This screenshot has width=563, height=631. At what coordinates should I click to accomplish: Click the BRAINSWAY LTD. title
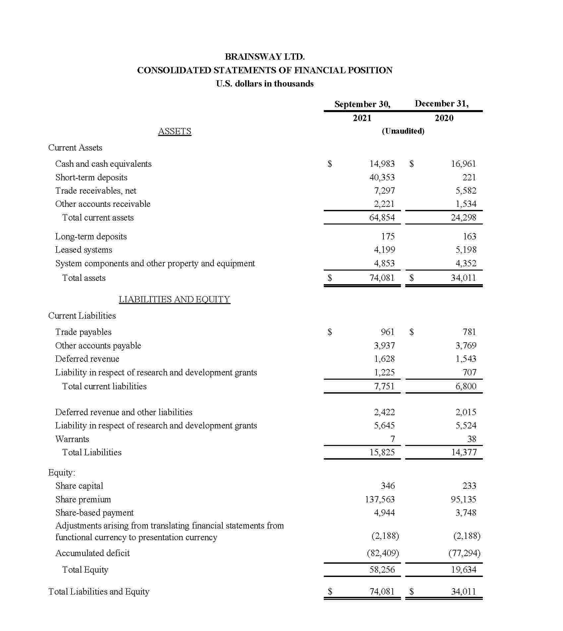coord(264,57)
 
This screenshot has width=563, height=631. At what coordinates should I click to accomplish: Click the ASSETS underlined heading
coord(175,131)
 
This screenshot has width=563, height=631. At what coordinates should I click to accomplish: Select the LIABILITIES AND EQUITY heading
coord(174,299)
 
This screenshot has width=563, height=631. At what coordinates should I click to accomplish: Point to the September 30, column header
coord(362,104)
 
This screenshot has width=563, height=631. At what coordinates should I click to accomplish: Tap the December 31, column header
coord(441,103)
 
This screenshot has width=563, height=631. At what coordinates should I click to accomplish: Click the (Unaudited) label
coord(403,131)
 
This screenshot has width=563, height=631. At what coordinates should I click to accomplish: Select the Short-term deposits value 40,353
coord(382,177)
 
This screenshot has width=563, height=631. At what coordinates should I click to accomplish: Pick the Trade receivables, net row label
coord(96,191)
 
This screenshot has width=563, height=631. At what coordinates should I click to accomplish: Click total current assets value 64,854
coord(382,218)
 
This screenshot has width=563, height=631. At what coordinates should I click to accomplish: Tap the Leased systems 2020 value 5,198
coord(466,250)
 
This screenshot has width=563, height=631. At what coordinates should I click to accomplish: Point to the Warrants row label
coord(72,439)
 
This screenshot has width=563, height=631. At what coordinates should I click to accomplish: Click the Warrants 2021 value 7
coord(392,439)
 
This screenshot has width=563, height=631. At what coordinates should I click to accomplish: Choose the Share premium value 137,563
coord(380,499)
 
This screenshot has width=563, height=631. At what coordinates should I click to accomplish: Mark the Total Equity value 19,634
coord(463,570)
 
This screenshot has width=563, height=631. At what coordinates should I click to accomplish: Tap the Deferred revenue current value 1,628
coord(384,359)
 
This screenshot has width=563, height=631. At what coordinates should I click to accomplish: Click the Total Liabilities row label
coord(92,452)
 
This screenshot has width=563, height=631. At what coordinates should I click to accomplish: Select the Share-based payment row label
coord(94,513)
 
